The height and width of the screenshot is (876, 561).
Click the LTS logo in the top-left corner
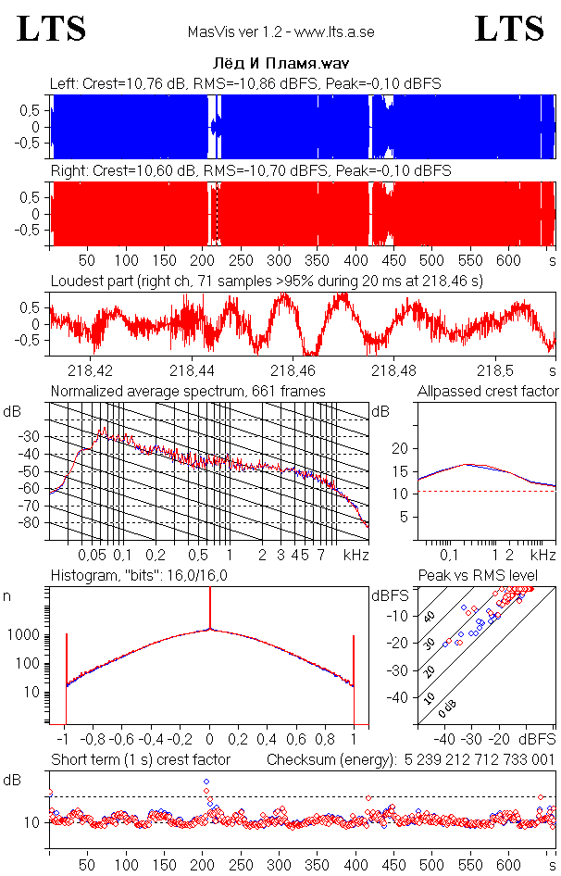coord(52,29)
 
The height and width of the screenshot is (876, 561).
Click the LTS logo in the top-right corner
coord(509,29)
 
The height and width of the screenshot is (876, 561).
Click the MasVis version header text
coord(280,32)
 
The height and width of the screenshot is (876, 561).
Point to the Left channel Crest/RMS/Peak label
coord(245,83)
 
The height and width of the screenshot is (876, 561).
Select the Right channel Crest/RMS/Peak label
coord(250,171)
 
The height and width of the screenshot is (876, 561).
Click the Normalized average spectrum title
coord(188,391)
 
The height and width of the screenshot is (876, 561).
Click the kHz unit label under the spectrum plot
coord(356,555)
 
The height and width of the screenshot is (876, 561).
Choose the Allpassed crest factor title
coord(488,391)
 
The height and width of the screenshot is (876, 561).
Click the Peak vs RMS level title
coord(478,575)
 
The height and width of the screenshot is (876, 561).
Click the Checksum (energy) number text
coord(478,759)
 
